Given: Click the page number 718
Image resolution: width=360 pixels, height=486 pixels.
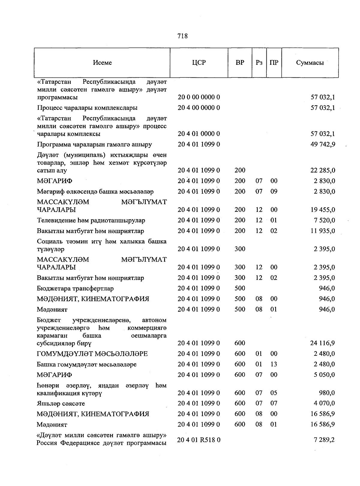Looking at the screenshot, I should click(x=182, y=36).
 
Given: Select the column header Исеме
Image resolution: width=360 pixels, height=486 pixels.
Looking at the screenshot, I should click(x=102, y=63).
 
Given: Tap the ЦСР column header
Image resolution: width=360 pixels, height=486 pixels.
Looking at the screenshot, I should click(x=199, y=63).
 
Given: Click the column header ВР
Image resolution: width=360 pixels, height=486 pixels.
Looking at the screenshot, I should click(x=240, y=63).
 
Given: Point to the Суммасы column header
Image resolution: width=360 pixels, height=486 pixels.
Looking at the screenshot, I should click(x=310, y=63).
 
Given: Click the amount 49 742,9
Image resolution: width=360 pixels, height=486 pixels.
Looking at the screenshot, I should click(x=323, y=144).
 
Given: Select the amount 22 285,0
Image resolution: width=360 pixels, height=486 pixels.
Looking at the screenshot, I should click(x=323, y=170).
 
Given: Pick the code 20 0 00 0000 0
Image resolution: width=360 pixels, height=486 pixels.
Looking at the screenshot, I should click(x=199, y=97).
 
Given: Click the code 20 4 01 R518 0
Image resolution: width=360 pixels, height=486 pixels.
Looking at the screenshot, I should click(x=199, y=440).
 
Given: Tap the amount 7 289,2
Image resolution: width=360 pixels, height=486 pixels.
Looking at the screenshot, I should click(x=324, y=440).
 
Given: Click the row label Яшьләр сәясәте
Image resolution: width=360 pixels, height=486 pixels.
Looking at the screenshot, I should click(x=61, y=403).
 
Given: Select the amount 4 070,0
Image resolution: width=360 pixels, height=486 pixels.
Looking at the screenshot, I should click(x=324, y=403).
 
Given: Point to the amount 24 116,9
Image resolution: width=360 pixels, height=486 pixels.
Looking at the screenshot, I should click(x=323, y=343).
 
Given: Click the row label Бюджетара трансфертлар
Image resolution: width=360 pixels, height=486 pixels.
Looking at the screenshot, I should click(x=75, y=288).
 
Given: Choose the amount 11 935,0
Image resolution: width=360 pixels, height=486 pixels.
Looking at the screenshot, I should click(x=323, y=231).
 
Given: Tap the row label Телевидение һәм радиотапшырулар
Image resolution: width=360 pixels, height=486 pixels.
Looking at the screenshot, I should click(x=91, y=220).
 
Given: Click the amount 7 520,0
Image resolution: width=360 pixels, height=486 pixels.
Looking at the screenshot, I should click(x=324, y=220).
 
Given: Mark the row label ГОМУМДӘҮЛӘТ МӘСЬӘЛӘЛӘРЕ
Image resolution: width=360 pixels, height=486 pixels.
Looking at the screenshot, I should click(x=92, y=354).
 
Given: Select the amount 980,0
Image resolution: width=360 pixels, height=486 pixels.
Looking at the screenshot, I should click(x=327, y=393).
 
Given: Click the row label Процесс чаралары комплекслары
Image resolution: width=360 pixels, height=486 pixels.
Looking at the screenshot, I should click(x=87, y=108).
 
